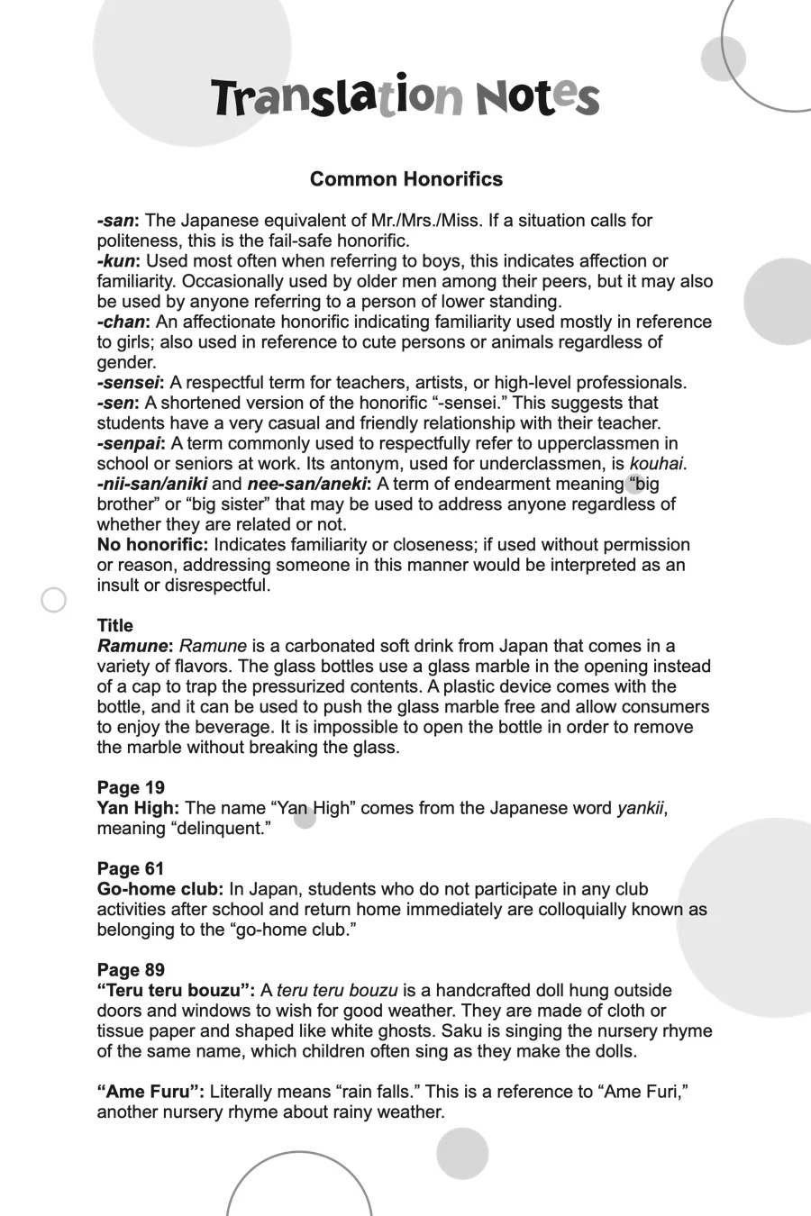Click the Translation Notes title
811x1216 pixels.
(405, 97)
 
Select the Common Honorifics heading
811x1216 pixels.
(405, 179)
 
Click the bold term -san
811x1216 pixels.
(116, 221)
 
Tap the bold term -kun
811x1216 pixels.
(117, 261)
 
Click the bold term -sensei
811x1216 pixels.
(130, 383)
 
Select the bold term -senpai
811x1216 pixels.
(130, 443)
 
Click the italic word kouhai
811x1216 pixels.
(656, 464)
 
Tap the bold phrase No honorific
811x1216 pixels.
(152, 545)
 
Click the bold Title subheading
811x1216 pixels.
(114, 626)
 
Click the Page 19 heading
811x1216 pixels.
(131, 788)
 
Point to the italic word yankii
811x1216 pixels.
(641, 808)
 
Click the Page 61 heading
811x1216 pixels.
(131, 869)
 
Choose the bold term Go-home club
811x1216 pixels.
(159, 889)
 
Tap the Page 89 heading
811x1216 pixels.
(131, 970)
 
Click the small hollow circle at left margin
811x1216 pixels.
(54, 600)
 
